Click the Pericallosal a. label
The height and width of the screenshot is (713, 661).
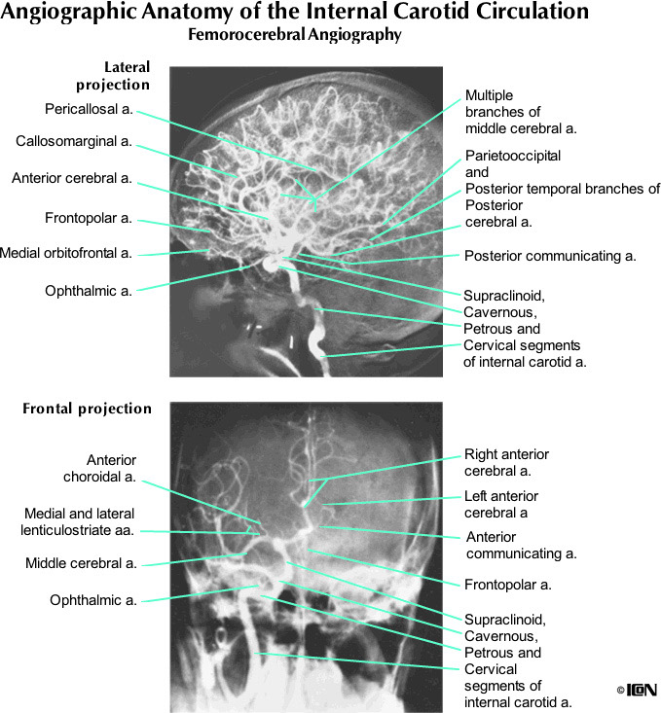click(x=88, y=108)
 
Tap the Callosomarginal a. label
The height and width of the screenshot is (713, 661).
click(x=74, y=142)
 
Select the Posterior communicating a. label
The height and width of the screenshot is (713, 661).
click(x=550, y=257)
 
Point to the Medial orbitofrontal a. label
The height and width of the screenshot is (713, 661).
click(x=66, y=253)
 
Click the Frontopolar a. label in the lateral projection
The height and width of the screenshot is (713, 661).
click(x=89, y=217)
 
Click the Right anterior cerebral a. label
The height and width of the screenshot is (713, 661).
click(x=506, y=463)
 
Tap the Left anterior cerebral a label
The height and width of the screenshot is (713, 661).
click(x=500, y=505)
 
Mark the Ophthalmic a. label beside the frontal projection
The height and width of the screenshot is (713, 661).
click(x=93, y=600)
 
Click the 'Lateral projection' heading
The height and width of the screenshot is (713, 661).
click(x=115, y=77)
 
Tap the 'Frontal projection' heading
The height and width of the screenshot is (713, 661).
click(x=87, y=409)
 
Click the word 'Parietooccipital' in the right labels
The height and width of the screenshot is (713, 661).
click(x=513, y=156)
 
